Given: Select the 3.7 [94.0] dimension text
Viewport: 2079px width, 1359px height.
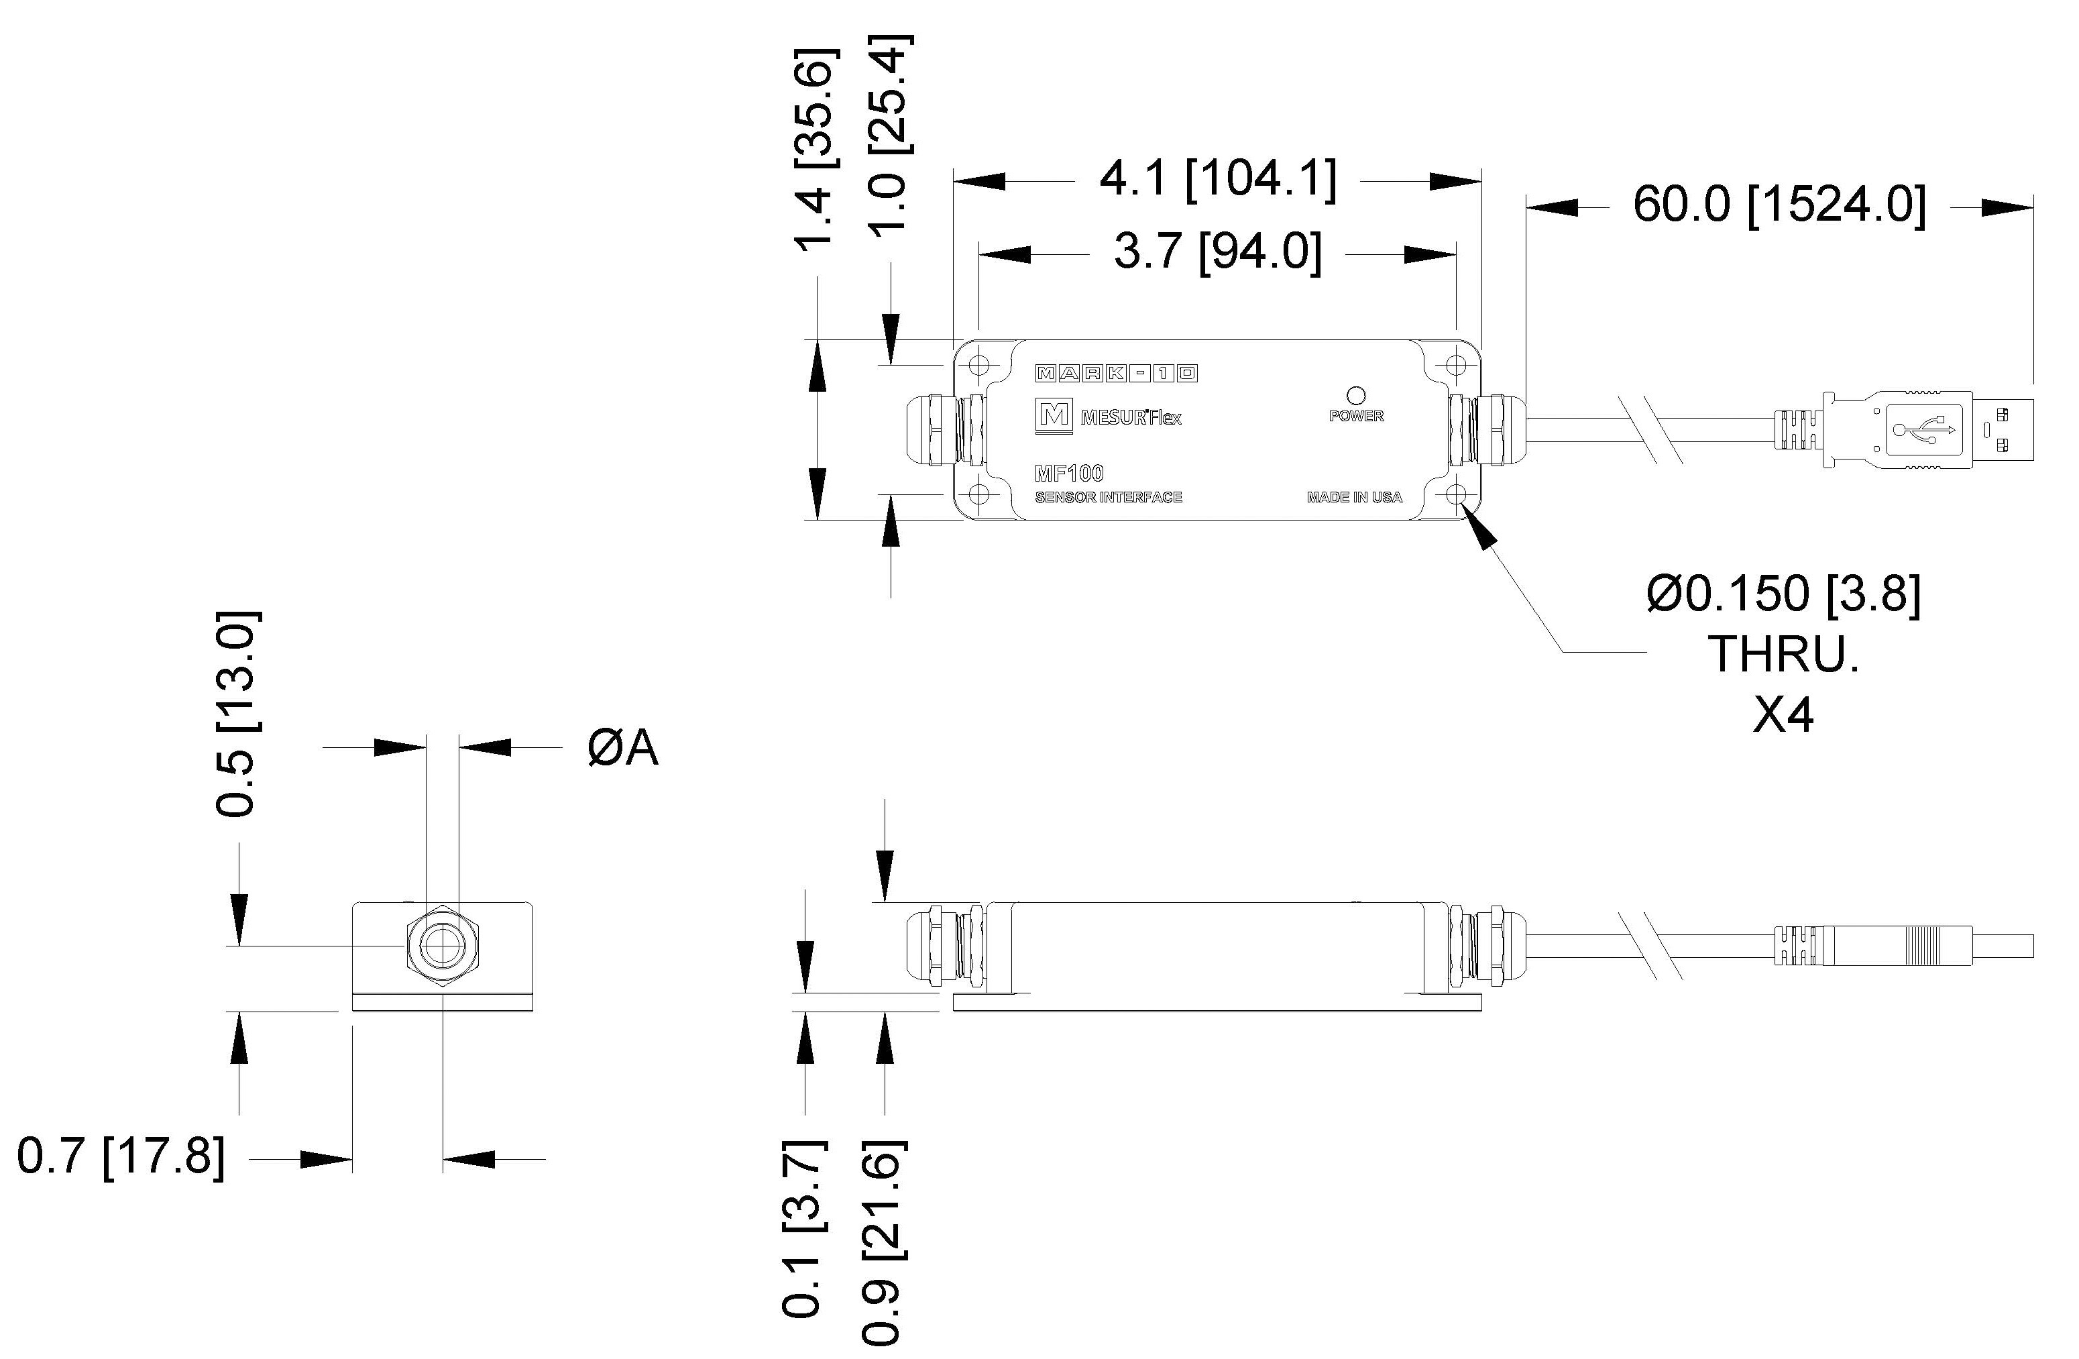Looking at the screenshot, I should tap(1217, 253).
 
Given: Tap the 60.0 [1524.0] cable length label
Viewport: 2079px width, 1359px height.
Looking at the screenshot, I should tap(1779, 206).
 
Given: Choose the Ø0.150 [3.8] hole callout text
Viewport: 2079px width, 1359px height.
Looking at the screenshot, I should tap(1783, 595).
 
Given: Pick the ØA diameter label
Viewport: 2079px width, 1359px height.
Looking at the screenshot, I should tap(622, 748).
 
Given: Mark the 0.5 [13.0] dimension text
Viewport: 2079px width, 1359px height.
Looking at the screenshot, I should tap(236, 714).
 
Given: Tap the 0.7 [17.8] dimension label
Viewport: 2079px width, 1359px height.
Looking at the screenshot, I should tap(121, 1157).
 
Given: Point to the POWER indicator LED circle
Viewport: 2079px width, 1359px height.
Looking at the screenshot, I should tap(1357, 396).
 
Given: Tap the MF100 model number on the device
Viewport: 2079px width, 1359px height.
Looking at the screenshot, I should tap(1069, 473).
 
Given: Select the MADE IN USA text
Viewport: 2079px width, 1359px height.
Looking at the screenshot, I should tap(1354, 497).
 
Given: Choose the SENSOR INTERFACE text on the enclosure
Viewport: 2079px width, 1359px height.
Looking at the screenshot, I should tap(1108, 497).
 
